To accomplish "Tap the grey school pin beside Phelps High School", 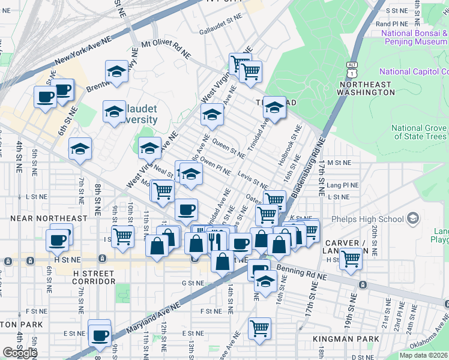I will [413, 218].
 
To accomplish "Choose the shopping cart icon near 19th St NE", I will [351, 259].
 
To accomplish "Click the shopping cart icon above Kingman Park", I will [259, 328].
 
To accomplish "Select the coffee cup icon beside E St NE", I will [100, 334].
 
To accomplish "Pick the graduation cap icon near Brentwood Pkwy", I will [116, 71].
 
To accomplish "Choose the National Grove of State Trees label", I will [420, 133].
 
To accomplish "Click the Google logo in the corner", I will [20, 352].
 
